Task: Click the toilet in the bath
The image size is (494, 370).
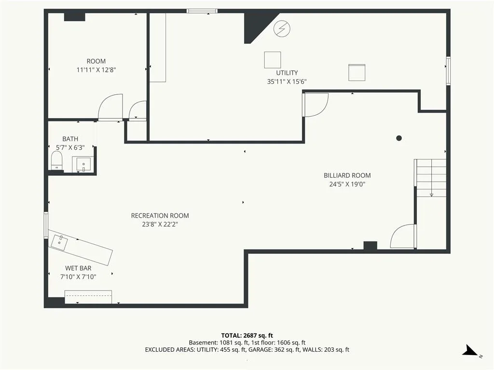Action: pos(57,160)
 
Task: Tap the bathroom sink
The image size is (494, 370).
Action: pos(83,164)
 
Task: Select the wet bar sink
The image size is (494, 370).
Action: pos(59,243)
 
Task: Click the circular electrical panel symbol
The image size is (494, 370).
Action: pos(282,28)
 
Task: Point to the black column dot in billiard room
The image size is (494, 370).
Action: pos(399,138)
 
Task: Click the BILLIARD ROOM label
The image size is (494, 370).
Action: pos(347,175)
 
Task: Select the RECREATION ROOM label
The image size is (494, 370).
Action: pos(160,216)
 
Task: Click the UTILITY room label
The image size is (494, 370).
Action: pos(287,73)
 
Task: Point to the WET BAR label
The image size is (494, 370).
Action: pos(78,268)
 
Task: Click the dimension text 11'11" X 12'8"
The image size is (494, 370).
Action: pos(96,70)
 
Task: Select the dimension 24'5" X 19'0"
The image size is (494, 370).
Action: pos(347,185)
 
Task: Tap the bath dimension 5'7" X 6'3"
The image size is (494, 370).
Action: pos(70,147)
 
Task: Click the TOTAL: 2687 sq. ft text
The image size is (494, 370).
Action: pos(247,335)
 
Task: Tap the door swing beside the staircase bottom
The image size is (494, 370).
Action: pos(402,236)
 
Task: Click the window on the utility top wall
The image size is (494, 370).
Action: pos(202,12)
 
